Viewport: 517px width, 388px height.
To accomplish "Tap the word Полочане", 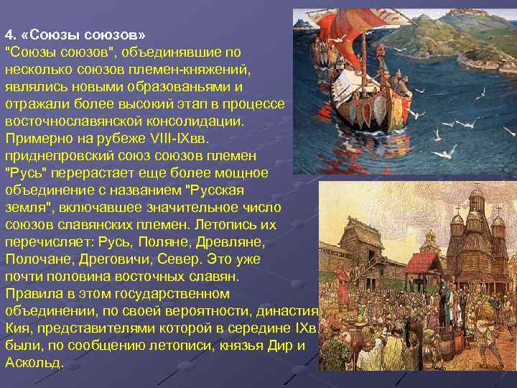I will tap(34, 259).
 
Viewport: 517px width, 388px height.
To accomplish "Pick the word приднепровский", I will tap(54, 156).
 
